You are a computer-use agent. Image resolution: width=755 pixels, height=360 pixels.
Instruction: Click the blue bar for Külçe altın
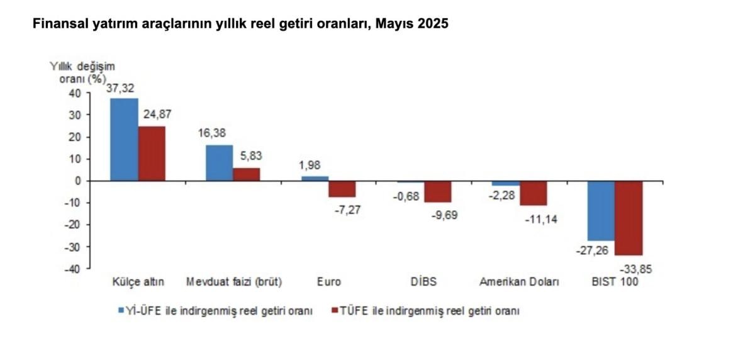click(x=124, y=140)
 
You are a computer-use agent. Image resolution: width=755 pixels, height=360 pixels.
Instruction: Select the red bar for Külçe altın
click(x=152, y=154)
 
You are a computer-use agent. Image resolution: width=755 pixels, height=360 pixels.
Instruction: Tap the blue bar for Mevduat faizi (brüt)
click(x=220, y=163)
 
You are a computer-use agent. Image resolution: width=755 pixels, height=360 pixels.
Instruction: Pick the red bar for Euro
click(x=342, y=189)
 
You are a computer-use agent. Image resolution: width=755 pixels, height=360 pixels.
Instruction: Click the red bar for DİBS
click(x=437, y=191)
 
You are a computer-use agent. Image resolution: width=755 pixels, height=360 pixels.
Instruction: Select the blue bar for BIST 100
click(x=601, y=210)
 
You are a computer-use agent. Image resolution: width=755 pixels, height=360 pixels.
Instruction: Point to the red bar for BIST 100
click(x=629, y=218)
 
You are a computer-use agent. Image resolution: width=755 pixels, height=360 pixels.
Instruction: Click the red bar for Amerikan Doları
click(x=534, y=193)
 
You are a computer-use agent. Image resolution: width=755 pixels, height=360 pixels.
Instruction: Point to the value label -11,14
click(x=534, y=220)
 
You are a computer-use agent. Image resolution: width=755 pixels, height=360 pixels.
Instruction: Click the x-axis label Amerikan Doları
click(x=519, y=282)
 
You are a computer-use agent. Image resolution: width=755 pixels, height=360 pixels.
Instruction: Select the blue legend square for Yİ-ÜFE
click(x=120, y=310)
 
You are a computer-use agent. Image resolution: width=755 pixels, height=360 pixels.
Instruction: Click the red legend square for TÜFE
click(x=334, y=310)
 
